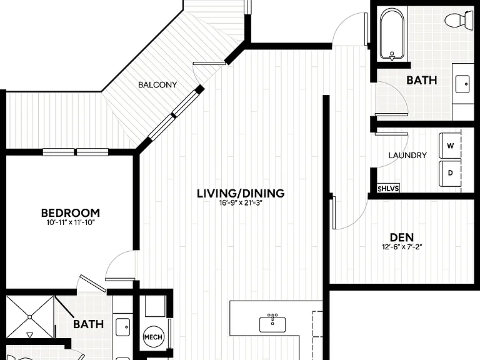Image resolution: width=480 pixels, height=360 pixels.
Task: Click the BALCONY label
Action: coord(157,85)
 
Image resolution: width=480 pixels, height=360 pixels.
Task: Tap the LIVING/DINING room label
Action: coord(241,194)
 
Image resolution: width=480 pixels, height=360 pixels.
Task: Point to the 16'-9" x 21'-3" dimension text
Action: coord(241,203)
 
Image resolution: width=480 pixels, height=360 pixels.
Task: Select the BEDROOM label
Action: coord(71,212)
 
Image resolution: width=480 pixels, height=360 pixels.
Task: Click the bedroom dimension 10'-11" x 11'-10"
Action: coord(71,222)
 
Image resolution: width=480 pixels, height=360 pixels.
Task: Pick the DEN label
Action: coord(402,237)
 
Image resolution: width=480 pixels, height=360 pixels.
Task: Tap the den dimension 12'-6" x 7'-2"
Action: coord(402,247)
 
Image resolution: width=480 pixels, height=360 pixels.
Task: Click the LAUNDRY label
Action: coord(407,156)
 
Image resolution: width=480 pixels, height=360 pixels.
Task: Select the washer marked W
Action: coord(450,146)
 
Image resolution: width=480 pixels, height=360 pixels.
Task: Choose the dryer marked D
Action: coord(450,173)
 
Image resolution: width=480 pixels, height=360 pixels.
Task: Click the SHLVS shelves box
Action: coord(388,188)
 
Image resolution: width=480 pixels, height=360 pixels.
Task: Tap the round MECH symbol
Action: coord(153,337)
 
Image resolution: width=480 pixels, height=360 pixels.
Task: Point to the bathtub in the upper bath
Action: coord(392,34)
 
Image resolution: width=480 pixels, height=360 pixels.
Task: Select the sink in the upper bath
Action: coord(462,84)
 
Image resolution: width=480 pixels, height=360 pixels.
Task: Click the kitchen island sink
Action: coord(272,324)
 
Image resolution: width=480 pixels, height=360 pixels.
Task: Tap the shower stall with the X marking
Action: coord(30,317)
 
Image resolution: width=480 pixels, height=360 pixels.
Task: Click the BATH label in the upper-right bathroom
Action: coord(421,80)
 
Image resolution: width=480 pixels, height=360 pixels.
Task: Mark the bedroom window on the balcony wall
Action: coord(75,152)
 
